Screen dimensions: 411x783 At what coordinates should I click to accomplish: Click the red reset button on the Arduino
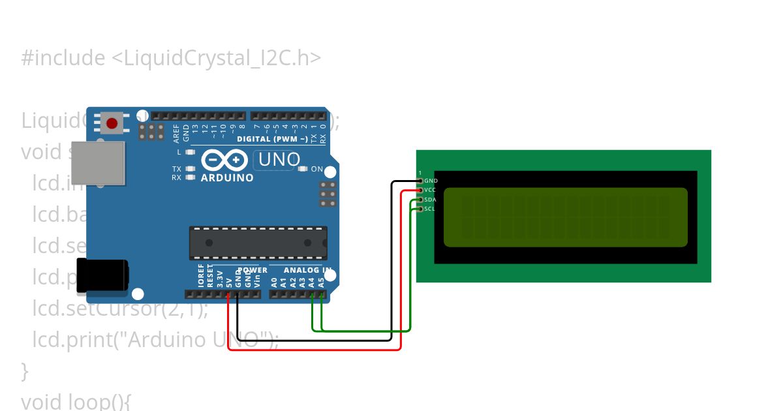click(112, 123)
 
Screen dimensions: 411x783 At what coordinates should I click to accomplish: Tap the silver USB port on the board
click(98, 162)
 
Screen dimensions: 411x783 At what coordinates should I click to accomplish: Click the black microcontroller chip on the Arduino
click(258, 243)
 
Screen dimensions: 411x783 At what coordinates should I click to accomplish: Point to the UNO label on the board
click(279, 159)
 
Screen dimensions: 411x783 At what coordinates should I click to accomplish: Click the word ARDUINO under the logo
click(227, 177)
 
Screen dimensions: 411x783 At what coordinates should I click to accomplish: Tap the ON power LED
click(303, 169)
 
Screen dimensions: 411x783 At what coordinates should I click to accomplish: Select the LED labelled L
click(190, 152)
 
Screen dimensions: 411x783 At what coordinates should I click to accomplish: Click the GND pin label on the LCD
click(431, 181)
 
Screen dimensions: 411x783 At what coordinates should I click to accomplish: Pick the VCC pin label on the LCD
click(430, 190)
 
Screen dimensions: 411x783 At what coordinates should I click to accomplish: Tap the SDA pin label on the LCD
click(430, 200)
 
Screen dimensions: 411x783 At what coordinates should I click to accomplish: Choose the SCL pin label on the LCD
click(429, 209)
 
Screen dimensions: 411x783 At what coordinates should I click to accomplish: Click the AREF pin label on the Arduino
click(176, 134)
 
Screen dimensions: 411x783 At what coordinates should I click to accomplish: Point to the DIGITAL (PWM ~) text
click(272, 139)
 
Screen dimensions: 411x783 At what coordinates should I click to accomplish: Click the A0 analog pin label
click(274, 282)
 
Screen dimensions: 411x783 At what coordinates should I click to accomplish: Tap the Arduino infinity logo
click(224, 160)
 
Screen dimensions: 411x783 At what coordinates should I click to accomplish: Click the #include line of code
click(171, 58)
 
